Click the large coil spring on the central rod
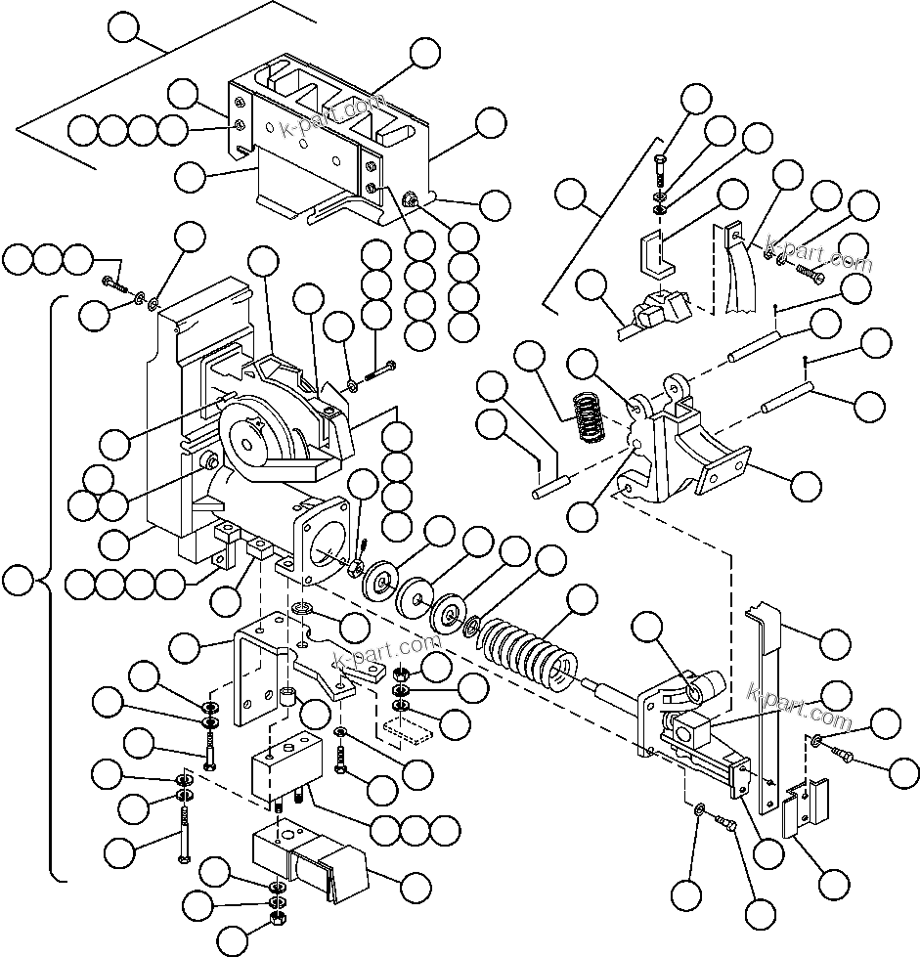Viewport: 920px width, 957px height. coord(526,651)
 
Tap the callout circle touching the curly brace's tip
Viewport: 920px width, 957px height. coord(17,583)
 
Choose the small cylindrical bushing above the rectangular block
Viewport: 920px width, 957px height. coord(288,700)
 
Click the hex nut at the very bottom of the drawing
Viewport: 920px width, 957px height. coord(277,921)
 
